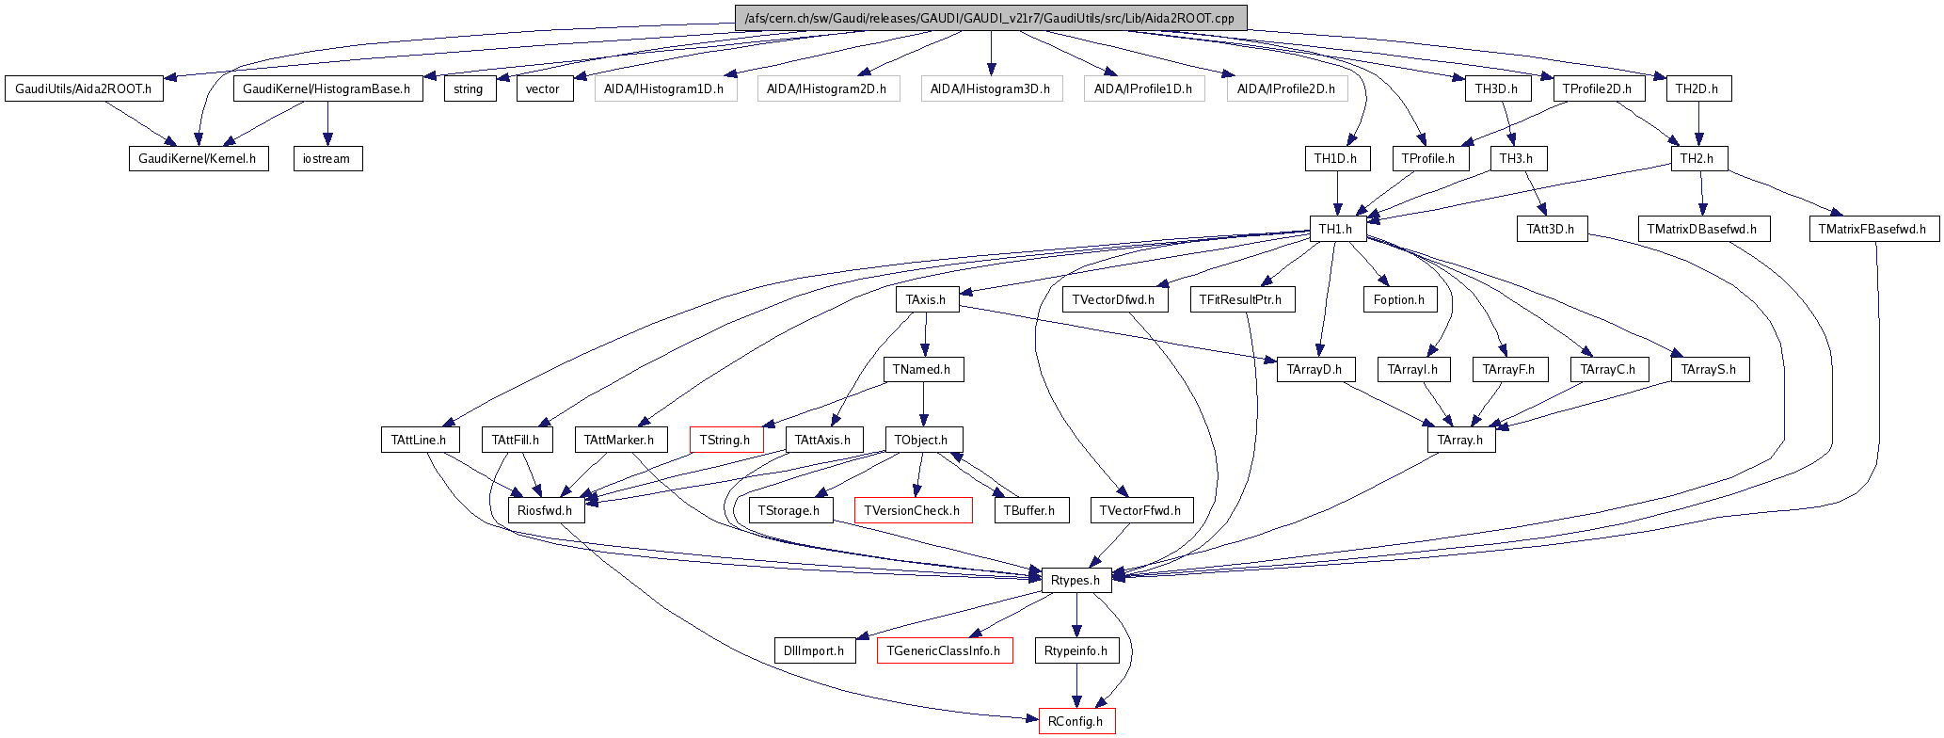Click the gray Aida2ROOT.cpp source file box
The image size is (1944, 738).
point(990,18)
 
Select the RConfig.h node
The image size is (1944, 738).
point(1076,721)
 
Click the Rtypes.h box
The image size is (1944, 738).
point(1076,580)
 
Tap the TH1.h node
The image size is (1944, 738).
point(1335,229)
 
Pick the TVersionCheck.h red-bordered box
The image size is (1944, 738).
point(912,510)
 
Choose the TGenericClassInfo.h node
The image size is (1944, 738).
point(944,650)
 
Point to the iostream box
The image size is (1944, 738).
point(327,158)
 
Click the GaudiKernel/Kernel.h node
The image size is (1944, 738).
point(198,158)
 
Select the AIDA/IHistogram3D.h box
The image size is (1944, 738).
point(990,88)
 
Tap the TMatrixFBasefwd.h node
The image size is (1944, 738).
point(1872,229)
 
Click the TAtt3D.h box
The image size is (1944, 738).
point(1551,229)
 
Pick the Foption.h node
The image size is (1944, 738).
point(1399,299)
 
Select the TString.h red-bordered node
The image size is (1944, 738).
point(725,440)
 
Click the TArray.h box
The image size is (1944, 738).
point(1460,440)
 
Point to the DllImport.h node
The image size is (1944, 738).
point(814,650)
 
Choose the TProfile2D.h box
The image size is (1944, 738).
point(1597,88)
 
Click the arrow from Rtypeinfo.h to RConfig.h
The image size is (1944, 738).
point(1076,685)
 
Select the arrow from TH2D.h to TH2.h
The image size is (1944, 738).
point(1698,123)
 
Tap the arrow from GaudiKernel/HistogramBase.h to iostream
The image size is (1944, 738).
point(327,123)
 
